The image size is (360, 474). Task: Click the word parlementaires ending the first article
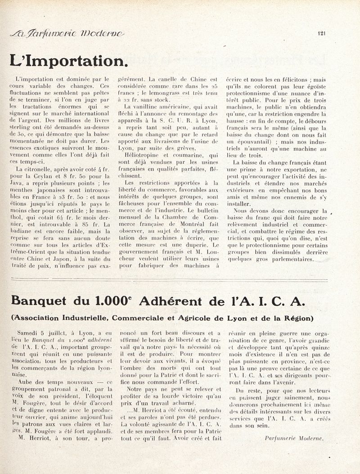(288, 259)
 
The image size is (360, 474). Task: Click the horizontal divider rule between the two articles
(180, 280)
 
